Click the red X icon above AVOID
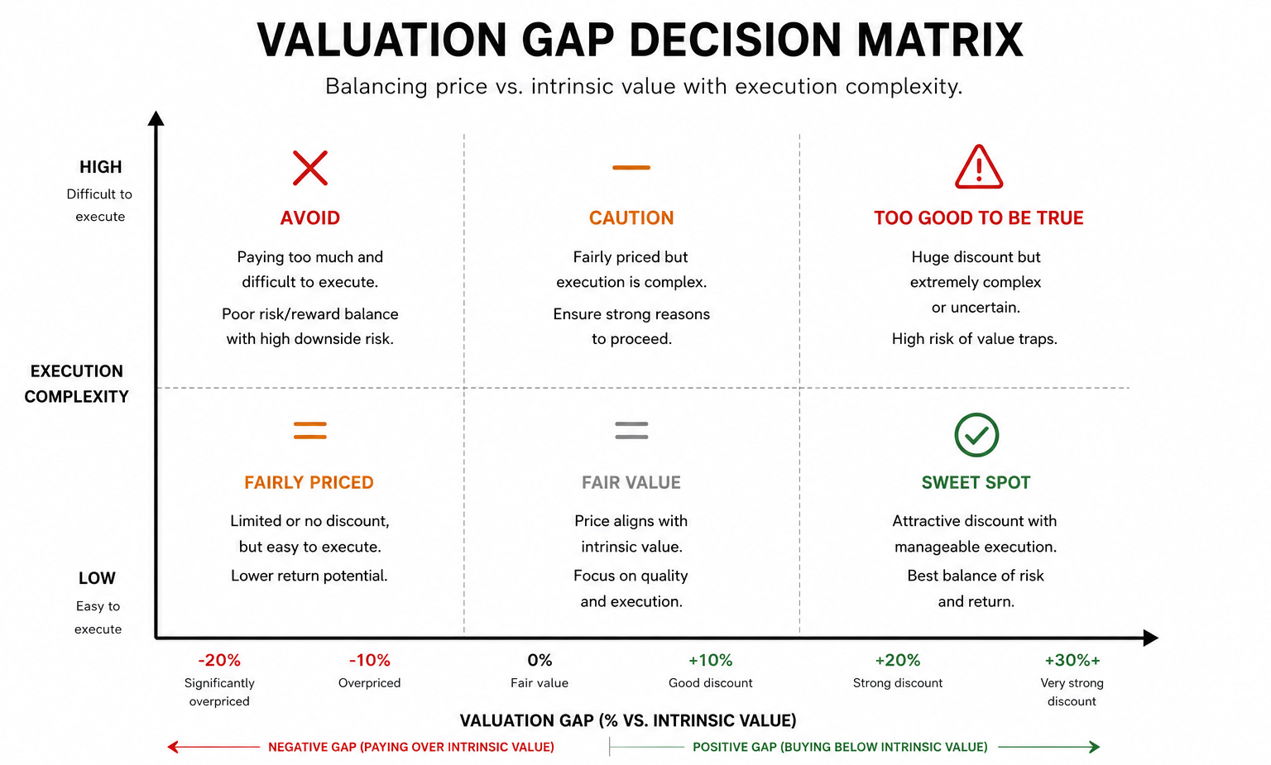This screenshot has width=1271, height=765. point(309,168)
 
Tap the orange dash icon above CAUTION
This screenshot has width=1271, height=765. point(631,167)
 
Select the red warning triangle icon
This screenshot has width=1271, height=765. point(979,167)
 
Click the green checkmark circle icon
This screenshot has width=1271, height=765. point(976,435)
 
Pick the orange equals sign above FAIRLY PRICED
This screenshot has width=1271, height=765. point(309,430)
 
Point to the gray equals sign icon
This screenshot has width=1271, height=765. point(631,430)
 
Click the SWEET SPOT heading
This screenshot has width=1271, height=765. point(976,483)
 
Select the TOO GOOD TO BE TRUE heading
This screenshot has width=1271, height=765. point(979,218)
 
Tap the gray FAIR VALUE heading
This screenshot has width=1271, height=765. point(631,483)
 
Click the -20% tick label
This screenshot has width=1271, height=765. point(219,660)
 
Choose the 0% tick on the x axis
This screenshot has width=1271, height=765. point(540,660)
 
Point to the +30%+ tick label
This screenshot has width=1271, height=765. point(1072,660)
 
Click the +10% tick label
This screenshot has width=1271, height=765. point(711,660)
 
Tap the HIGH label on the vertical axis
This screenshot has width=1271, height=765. point(100,167)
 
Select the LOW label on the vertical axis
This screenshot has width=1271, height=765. point(97,578)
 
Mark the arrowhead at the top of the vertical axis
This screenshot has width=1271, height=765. point(156,117)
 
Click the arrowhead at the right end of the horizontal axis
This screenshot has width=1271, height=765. point(1150,638)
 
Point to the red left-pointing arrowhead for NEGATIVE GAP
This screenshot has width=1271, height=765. point(173,747)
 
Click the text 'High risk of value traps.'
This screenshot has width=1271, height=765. point(975,339)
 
